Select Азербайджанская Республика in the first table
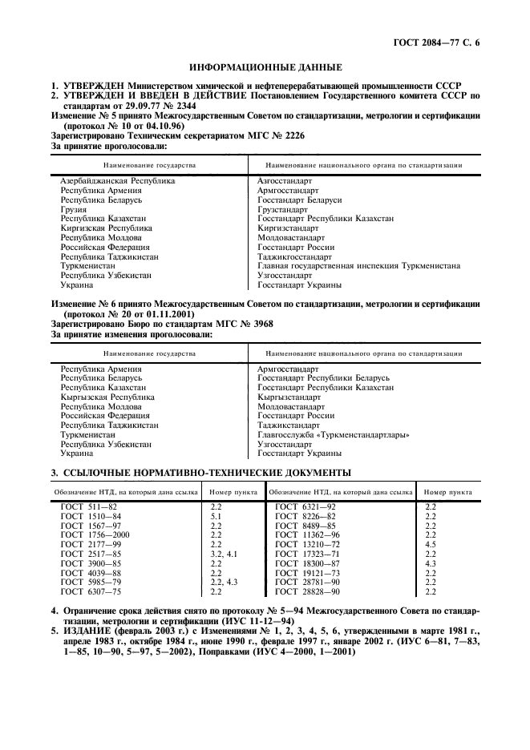click(118, 181)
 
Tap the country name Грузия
click(74, 209)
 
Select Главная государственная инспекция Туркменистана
click(358, 265)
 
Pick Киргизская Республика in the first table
click(107, 228)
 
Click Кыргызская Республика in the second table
click(107, 397)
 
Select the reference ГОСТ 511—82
click(89, 507)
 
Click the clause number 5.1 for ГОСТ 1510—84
click(216, 517)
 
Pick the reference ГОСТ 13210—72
click(305, 545)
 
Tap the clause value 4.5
click(430, 545)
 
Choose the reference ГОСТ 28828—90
click(305, 591)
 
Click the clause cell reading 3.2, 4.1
click(224, 554)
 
